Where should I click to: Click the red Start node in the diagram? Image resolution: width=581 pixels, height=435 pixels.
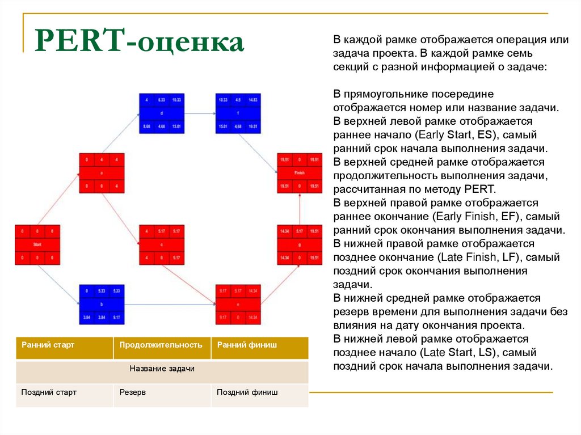point(37,244)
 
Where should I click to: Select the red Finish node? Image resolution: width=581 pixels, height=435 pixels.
point(300,172)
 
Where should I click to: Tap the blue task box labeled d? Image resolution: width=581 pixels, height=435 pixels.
point(162,113)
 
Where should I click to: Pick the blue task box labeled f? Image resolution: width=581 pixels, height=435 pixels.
point(237,113)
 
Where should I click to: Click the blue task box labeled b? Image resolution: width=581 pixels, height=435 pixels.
point(102,304)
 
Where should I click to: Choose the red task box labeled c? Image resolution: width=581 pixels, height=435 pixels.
point(162,244)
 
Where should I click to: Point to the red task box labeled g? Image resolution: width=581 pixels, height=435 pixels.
point(300,244)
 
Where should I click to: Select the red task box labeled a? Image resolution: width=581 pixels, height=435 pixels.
point(102,172)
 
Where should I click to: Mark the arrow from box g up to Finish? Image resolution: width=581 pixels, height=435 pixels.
point(300,209)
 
